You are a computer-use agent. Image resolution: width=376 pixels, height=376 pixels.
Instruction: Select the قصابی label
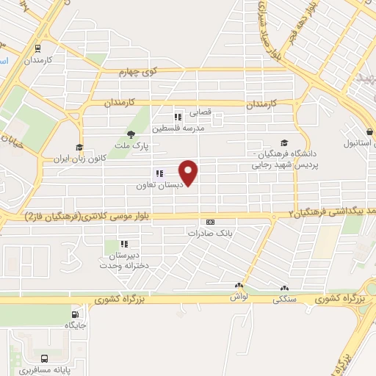tap(201, 113)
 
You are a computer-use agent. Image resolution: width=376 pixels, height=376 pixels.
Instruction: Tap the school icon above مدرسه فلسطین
tap(177, 117)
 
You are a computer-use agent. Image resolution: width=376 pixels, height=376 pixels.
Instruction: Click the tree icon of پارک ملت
tap(131, 134)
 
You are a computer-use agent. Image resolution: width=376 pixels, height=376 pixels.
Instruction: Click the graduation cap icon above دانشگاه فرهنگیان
tap(284, 144)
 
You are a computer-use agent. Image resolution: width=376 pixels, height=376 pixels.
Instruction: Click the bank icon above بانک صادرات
tap(211, 222)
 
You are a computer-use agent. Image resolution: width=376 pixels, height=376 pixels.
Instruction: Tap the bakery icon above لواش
tap(238, 286)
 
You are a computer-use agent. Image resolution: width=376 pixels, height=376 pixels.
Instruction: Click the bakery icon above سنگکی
tap(284, 288)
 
